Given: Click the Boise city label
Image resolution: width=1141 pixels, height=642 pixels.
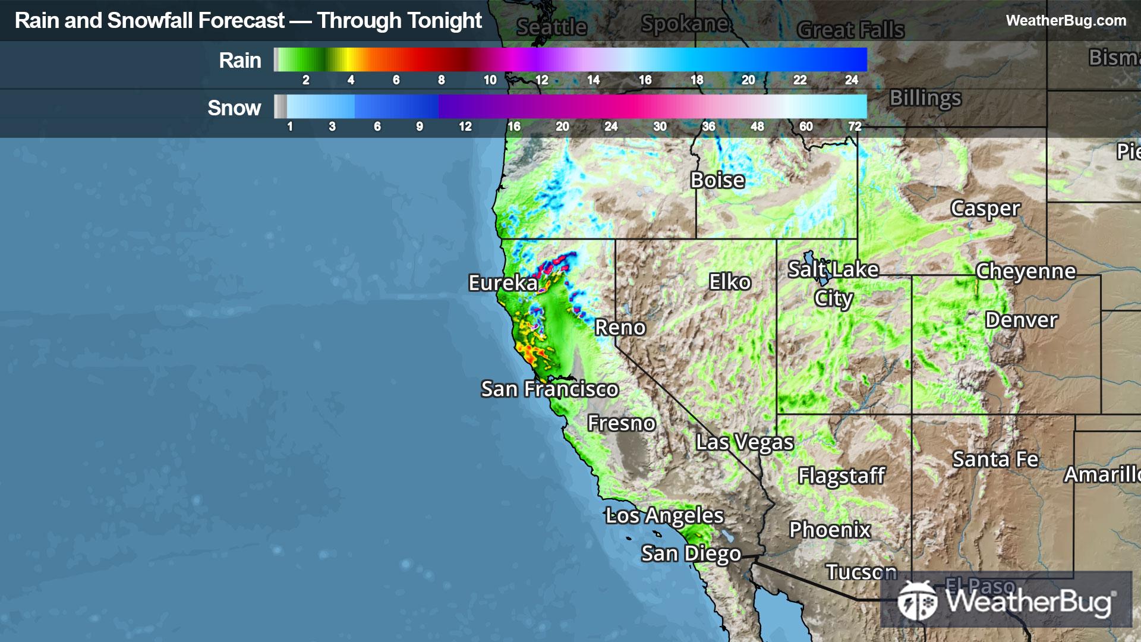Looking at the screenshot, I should tap(717, 180).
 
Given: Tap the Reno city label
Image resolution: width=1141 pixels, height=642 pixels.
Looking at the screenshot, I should tap(620, 328).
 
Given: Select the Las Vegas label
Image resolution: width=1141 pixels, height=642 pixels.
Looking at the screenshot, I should tap(745, 442).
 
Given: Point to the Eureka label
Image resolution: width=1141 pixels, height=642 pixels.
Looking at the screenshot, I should tap(503, 283).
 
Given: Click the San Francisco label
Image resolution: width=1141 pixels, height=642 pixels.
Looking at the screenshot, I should tap(550, 389).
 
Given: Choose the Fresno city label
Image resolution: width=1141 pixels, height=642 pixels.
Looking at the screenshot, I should tap(621, 423).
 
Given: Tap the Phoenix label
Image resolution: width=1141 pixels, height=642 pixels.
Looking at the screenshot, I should tap(830, 530).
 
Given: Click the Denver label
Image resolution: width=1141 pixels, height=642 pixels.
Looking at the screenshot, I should tap(1021, 320).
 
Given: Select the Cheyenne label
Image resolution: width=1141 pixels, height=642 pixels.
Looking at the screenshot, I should tap(1026, 272).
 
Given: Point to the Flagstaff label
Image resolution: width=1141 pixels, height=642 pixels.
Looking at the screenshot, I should tap(841, 476).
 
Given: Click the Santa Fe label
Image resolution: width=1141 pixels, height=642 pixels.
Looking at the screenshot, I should tap(995, 460).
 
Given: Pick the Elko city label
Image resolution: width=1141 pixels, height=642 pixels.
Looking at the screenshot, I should tap(730, 282).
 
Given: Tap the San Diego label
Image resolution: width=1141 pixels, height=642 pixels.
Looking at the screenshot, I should tap(691, 554).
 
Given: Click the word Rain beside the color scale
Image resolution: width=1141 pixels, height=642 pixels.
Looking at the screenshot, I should tap(240, 61).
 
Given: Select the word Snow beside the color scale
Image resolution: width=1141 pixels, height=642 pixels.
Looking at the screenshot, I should tap(234, 108).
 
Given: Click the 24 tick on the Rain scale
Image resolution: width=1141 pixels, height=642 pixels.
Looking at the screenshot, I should tap(852, 80).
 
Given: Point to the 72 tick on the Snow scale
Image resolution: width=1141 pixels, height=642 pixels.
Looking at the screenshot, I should tap(855, 127).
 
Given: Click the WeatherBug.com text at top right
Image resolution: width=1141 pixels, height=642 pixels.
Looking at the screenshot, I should tap(1066, 21).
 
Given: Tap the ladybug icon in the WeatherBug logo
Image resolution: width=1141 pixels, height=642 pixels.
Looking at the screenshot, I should tap(917, 601).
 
